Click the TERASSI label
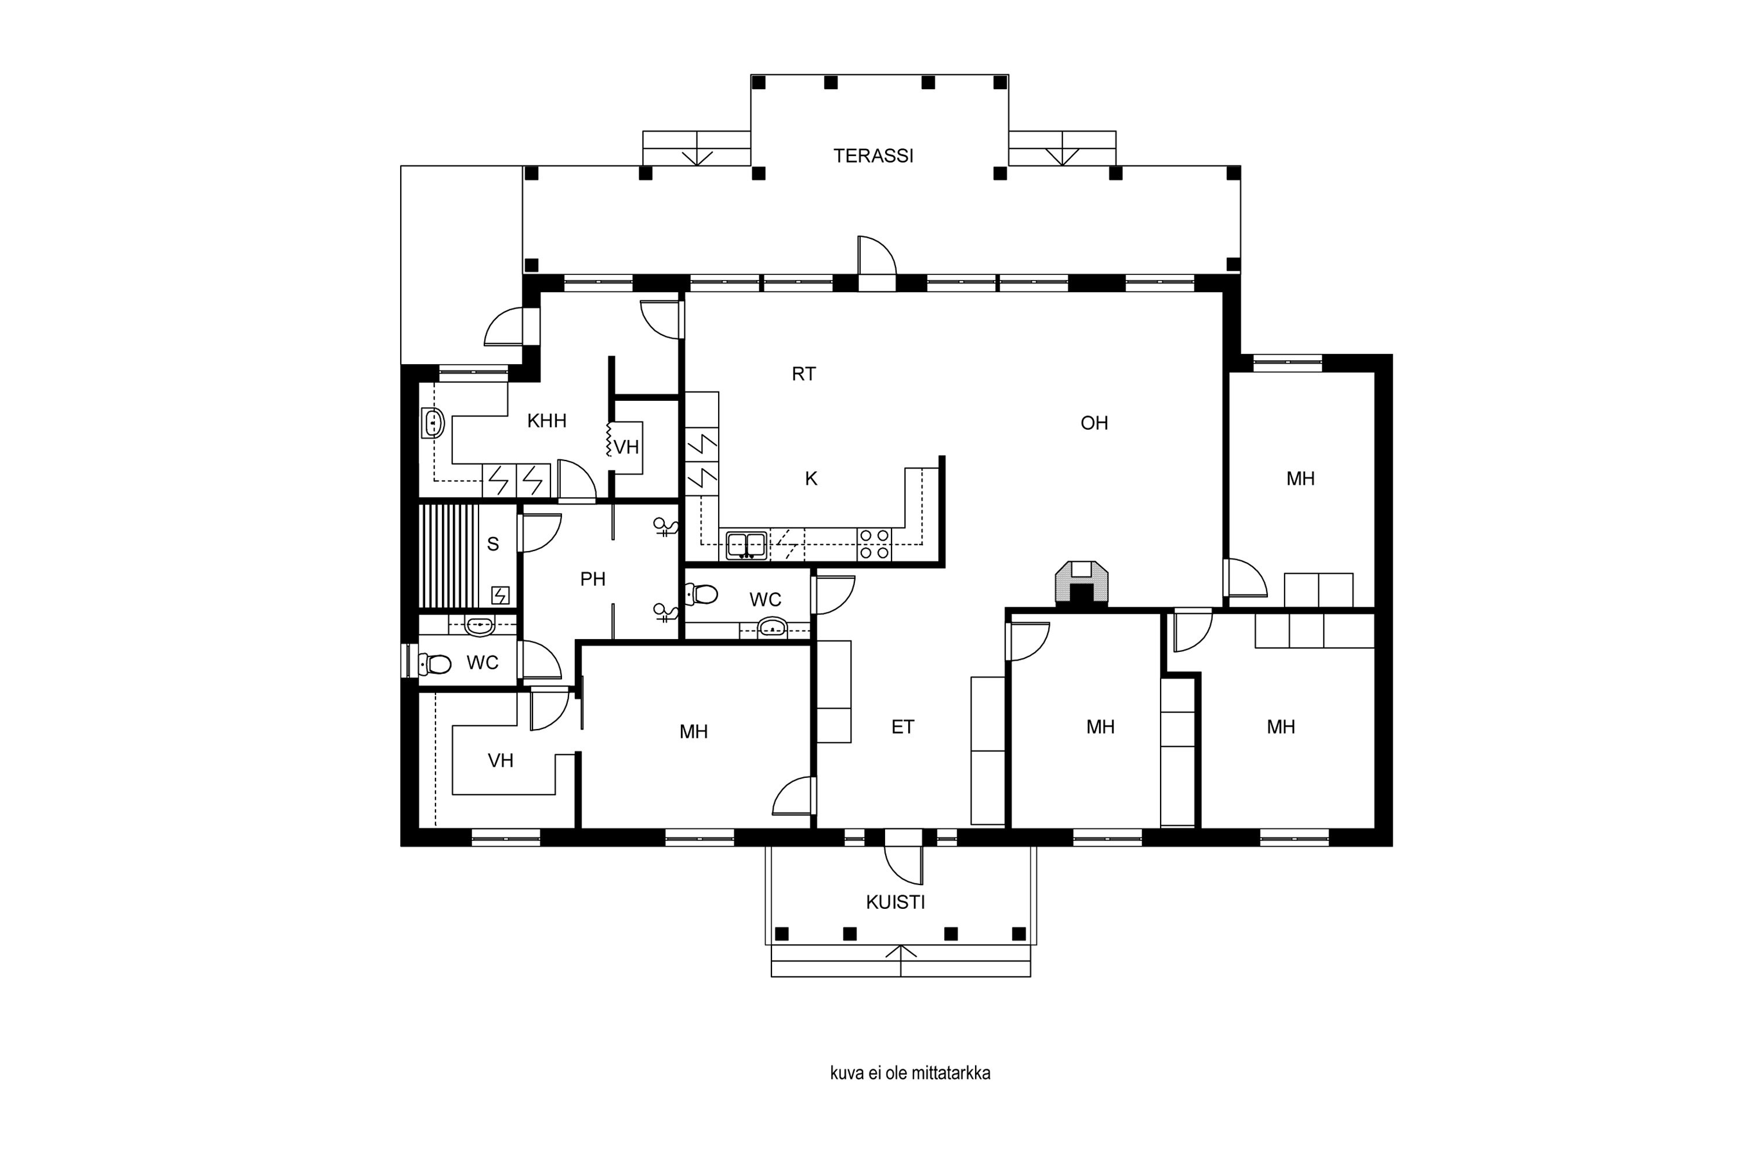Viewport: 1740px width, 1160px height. coord(873,156)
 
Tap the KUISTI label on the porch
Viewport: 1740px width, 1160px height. coord(896,902)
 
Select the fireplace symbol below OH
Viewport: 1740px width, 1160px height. coord(1082,582)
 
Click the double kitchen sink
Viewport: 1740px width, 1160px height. coord(746,545)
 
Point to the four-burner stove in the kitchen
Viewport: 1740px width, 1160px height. coord(875,544)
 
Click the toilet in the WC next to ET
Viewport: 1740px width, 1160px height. coord(702,594)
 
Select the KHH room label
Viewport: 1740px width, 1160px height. coord(547,421)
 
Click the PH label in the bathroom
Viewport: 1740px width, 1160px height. coord(593,579)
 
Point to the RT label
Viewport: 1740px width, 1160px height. coord(803,374)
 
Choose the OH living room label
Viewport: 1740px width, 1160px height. coord(1094,423)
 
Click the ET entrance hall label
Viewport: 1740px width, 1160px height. coord(902,727)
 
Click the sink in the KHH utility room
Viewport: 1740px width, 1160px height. coord(433,423)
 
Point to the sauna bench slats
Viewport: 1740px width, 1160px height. coord(448,556)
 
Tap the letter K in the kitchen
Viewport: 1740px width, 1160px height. coord(811,480)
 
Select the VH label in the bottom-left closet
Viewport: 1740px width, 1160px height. coord(501,760)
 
